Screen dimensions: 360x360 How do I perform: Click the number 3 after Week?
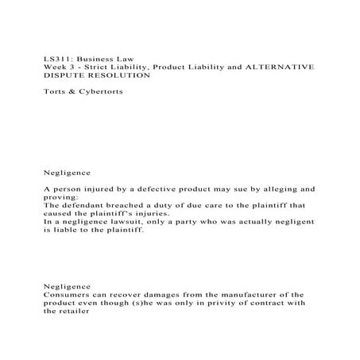(74, 68)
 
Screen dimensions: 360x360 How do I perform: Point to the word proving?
(61, 197)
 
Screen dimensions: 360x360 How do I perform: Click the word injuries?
(149, 213)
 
